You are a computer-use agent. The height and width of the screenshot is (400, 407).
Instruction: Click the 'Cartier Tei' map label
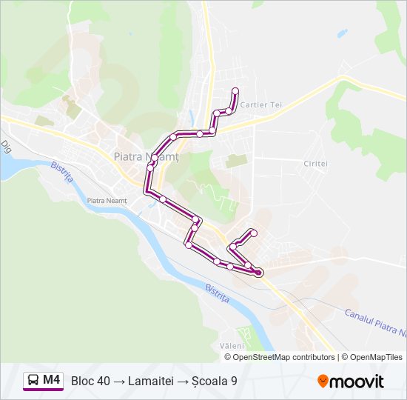[x=263, y=105]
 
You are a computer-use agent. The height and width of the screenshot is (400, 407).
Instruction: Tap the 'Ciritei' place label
[x=315, y=163]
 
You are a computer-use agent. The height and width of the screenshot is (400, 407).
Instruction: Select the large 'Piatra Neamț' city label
[x=147, y=156]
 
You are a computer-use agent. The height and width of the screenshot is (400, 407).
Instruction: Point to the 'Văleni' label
[x=232, y=346]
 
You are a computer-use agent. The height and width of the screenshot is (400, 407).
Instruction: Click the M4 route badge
[x=43, y=381]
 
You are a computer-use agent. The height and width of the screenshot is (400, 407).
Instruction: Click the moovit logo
[x=351, y=381]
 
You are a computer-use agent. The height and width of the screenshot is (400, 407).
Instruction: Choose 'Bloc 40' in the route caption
[x=90, y=381]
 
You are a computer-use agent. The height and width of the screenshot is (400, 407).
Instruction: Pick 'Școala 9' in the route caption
[x=213, y=381]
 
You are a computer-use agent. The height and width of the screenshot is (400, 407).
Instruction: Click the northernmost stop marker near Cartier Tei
[x=235, y=91]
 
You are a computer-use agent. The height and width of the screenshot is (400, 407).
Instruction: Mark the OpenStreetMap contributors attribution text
[x=280, y=357]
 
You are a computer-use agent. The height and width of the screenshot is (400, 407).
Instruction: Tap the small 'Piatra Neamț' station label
[x=107, y=201]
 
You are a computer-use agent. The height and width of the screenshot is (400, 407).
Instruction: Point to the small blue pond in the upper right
[x=342, y=33]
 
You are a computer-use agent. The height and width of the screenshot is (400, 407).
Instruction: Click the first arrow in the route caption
[x=119, y=381]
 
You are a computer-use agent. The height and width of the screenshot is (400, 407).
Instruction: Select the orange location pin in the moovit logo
[x=323, y=381]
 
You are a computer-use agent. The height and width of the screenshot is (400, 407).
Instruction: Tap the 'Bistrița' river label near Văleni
[x=217, y=293]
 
